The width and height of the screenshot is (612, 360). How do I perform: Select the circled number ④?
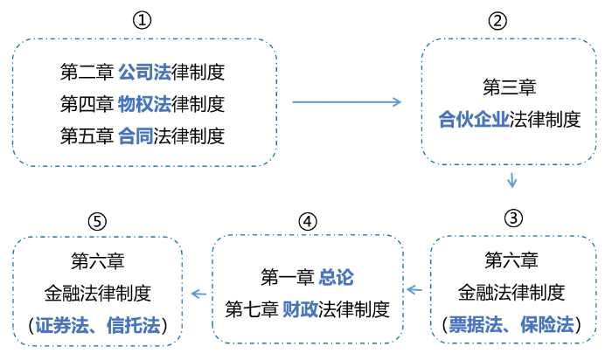pyautogui.click(x=306, y=221)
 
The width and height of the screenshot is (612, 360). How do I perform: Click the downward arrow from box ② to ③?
pyautogui.click(x=512, y=181)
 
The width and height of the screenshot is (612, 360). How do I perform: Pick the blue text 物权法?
pyautogui.click(x=143, y=104)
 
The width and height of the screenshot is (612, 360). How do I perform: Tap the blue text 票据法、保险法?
pyautogui.click(x=511, y=326)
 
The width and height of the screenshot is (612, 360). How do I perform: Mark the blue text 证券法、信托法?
pyautogui.click(x=98, y=326)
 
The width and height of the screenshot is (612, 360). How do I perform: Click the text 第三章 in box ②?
pyautogui.click(x=510, y=87)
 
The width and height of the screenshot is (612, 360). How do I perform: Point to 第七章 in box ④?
pyautogui.click(x=252, y=308)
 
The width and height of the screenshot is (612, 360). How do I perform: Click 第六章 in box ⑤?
pyautogui.click(x=97, y=260)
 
